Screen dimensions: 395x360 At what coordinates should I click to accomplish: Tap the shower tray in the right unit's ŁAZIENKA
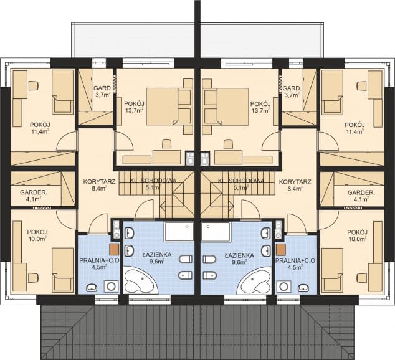[x=216, y=231]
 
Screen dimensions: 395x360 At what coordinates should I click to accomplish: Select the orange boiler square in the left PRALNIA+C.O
[x=114, y=249]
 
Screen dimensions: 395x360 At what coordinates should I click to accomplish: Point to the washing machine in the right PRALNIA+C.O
[x=284, y=287]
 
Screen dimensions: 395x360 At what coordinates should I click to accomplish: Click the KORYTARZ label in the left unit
[x=100, y=181]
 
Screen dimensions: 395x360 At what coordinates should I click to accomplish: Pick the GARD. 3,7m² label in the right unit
[x=292, y=92]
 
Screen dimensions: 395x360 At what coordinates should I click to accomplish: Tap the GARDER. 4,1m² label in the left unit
[x=34, y=196]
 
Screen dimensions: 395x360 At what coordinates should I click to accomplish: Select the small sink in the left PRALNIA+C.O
[x=92, y=287]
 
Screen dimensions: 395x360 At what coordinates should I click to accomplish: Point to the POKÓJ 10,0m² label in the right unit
[x=357, y=235]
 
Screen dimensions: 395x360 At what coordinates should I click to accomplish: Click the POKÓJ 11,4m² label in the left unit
[x=39, y=128]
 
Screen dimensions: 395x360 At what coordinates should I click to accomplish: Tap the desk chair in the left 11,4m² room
[x=34, y=85]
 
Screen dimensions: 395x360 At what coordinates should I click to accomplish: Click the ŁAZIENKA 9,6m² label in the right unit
[x=239, y=258]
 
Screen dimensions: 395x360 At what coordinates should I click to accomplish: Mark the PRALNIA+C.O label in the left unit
[x=98, y=261]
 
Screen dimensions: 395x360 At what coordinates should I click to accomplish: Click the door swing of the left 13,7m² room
[x=123, y=142]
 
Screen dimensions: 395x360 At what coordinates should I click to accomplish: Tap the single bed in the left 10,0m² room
[x=62, y=270]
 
